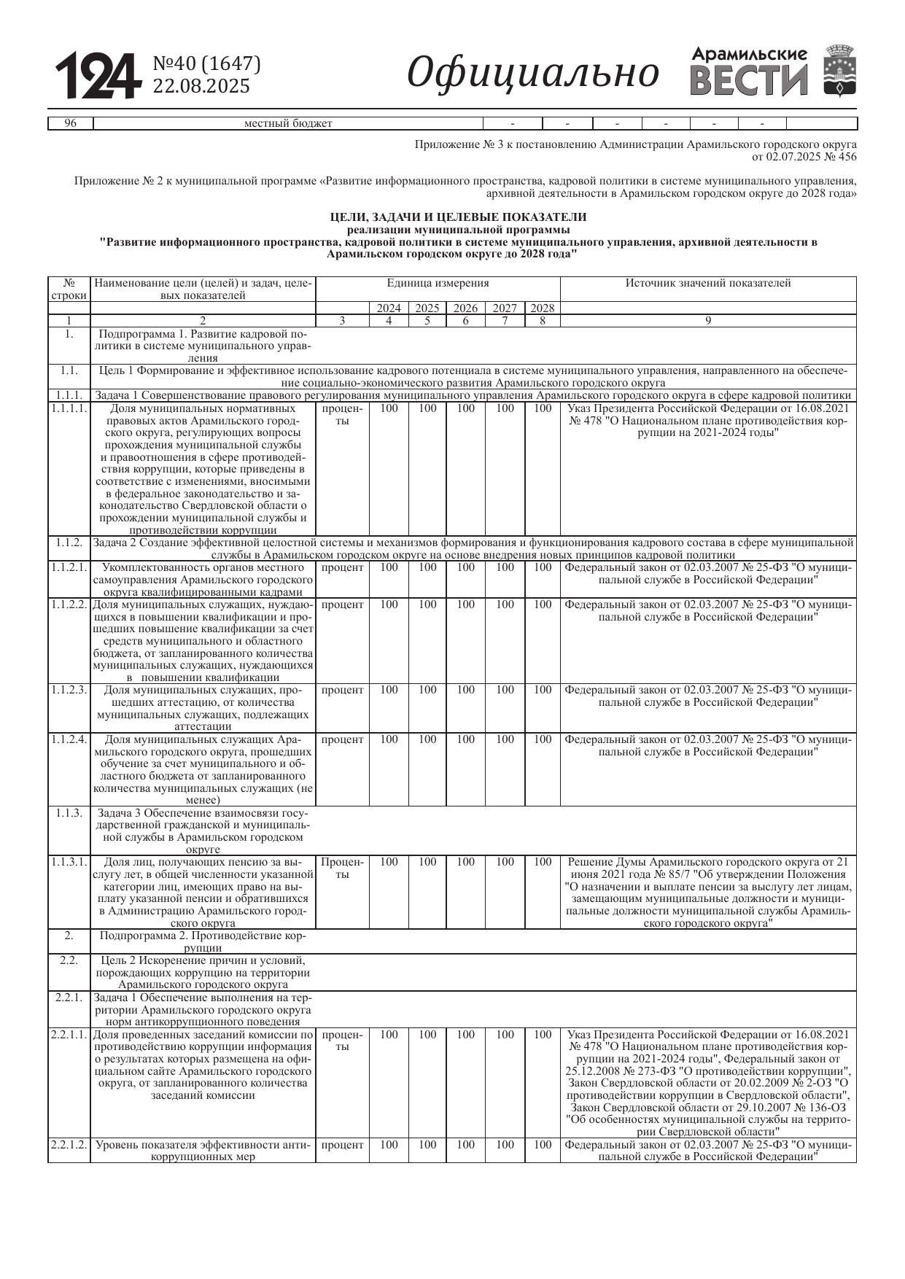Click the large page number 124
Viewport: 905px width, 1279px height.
pyautogui.click(x=96, y=76)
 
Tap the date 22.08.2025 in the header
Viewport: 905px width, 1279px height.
pyautogui.click(x=201, y=86)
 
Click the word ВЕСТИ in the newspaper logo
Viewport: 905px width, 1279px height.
pyautogui.click(x=749, y=81)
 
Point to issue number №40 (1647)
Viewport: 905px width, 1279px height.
pyautogui.click(x=206, y=64)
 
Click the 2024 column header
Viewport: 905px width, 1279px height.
pyautogui.click(x=389, y=308)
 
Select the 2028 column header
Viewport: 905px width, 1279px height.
pyautogui.click(x=542, y=308)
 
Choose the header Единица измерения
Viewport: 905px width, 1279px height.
pyautogui.click(x=438, y=283)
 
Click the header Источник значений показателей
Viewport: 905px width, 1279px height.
pyautogui.click(x=707, y=283)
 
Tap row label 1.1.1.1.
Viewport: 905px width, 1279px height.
pyautogui.click(x=69, y=408)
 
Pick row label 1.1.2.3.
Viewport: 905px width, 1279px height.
pyautogui.click(x=69, y=690)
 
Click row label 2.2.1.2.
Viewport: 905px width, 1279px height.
pyautogui.click(x=69, y=1145)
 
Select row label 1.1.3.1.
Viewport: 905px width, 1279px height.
pyautogui.click(x=69, y=862)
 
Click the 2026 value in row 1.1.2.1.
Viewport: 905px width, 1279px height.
pyautogui.click(x=465, y=567)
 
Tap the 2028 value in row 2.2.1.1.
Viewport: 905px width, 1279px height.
pyautogui.click(x=542, y=1034)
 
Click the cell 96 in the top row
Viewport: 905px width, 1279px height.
pyautogui.click(x=71, y=123)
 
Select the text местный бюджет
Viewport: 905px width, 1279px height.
pyautogui.click(x=288, y=123)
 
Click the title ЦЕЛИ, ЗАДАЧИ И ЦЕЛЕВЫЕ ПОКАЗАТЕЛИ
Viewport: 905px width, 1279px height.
pyautogui.click(x=458, y=217)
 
